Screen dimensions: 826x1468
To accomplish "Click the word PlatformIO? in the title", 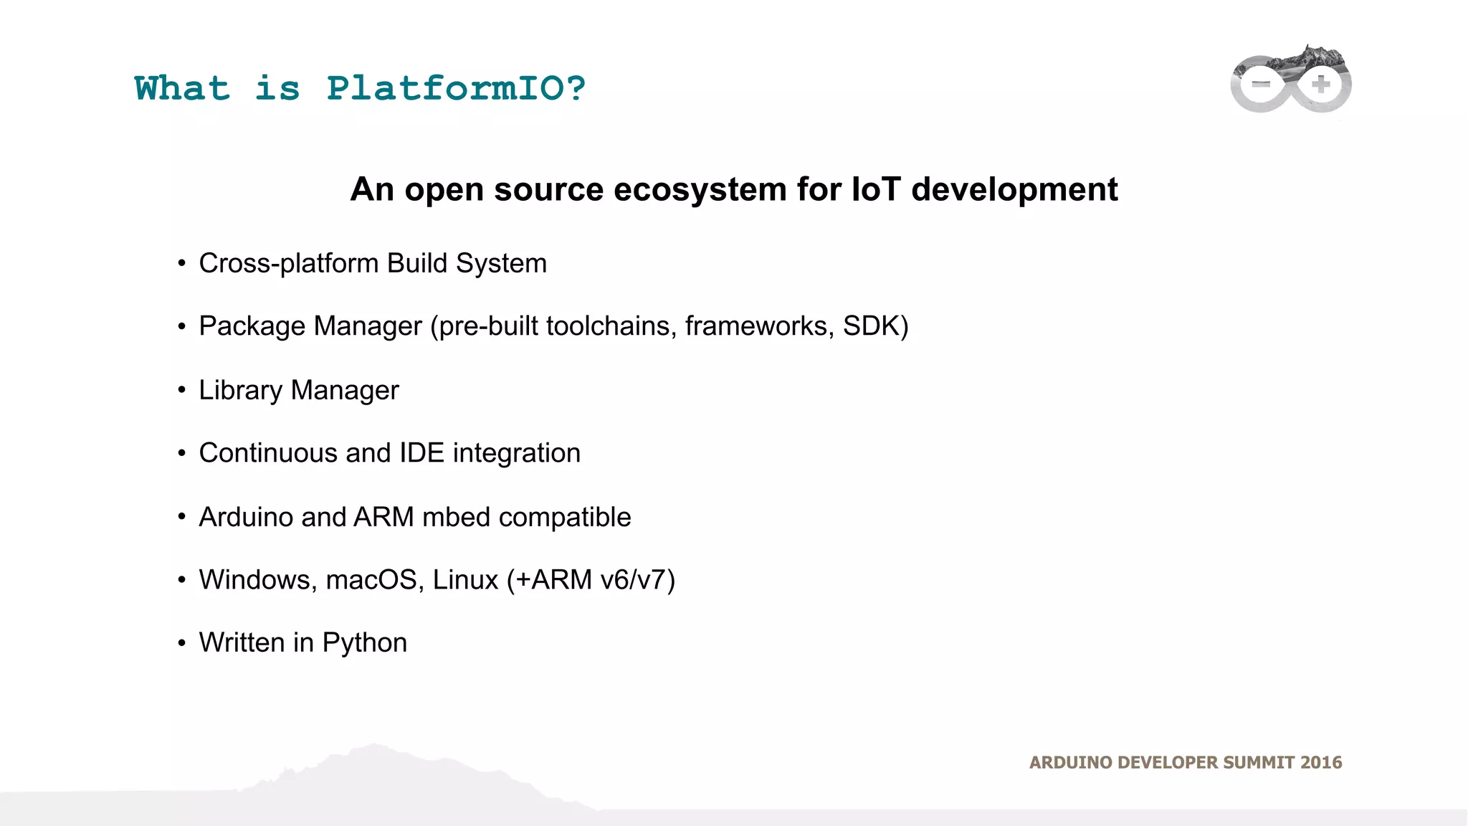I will tap(456, 89).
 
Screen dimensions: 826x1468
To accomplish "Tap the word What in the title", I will tap(182, 89).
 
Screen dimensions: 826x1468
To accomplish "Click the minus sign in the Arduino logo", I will tap(1260, 85).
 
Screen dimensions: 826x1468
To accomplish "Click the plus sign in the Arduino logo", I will tap(1321, 85).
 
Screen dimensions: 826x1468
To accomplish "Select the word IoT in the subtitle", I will tap(876, 190).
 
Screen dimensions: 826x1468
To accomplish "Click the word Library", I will tap(241, 391).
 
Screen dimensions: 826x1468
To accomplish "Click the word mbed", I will tap(456, 517).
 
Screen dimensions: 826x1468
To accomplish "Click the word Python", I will tap(364, 643).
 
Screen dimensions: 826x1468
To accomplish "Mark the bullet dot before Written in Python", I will tap(182, 643).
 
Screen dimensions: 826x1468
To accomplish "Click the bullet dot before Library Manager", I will tap(182, 391).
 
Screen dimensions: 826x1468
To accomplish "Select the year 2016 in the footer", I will tap(1321, 763).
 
